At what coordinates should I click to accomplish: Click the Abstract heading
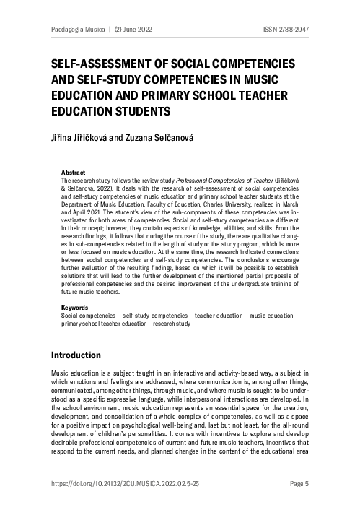[x=74, y=173]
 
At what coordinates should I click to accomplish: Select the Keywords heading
[x=76, y=307]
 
